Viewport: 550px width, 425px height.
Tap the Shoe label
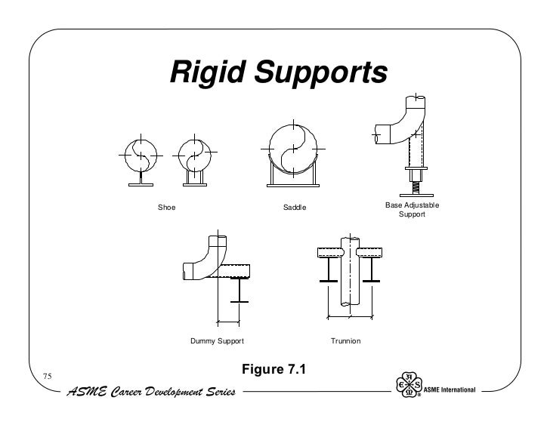click(165, 207)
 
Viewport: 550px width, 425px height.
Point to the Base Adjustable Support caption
click(412, 210)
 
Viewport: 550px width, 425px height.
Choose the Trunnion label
click(346, 342)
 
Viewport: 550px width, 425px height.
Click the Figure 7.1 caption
click(274, 370)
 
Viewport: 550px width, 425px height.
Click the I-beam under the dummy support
click(239, 291)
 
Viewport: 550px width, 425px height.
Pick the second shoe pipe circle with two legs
click(193, 155)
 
